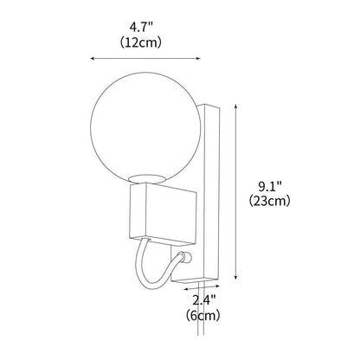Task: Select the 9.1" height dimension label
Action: coord(273,184)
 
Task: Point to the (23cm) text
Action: coord(273,201)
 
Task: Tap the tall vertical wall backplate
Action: coord(215,190)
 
